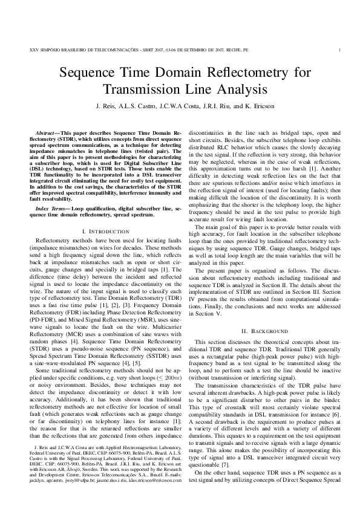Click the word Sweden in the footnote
coord(99,479)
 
